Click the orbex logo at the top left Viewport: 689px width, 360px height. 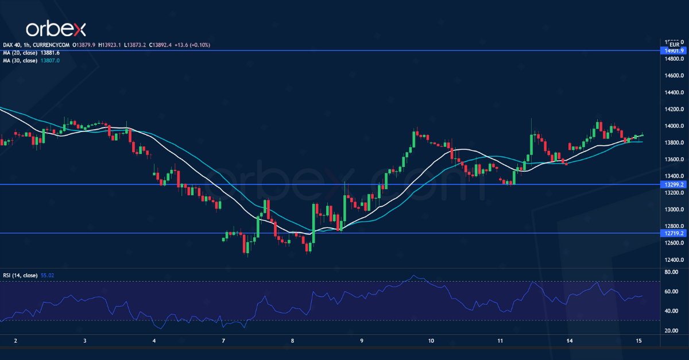55,28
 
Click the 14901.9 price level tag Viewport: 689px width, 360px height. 673,51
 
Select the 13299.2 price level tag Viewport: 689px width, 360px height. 673,184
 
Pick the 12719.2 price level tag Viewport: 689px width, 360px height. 673,233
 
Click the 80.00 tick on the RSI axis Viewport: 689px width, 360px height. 670,272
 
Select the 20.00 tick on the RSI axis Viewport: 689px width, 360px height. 670,331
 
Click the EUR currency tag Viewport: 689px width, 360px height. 675,44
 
